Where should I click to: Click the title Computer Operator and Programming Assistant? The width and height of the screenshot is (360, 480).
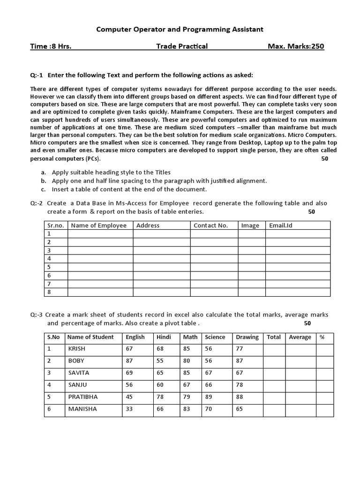tap(180, 29)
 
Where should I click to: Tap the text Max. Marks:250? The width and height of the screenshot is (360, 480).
tap(295, 46)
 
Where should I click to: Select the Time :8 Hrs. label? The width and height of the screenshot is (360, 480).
tap(51, 46)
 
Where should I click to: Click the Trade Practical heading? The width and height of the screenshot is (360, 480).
tap(182, 46)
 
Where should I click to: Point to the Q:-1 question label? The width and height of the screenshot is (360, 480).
tap(37, 75)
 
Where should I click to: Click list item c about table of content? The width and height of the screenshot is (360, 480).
tap(129, 189)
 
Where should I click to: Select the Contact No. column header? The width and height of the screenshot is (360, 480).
tap(210, 225)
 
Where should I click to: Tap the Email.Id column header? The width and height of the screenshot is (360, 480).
tap(281, 225)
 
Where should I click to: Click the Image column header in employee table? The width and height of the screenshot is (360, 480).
tap(250, 225)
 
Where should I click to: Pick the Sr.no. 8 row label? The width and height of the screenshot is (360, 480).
tap(49, 292)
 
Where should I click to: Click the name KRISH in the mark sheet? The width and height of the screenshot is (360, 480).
tap(77, 349)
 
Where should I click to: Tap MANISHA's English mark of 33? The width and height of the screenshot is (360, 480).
tap(129, 409)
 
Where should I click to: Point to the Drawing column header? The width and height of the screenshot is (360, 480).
tap(247, 337)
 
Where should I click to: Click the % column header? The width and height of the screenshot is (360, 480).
tap(322, 337)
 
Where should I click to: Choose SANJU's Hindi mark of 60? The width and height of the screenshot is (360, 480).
tap(160, 384)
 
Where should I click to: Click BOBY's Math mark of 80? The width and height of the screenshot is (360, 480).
tap(187, 361)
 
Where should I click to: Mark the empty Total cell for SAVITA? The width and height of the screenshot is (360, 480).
tap(274, 373)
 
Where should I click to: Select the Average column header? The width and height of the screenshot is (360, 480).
tap(300, 337)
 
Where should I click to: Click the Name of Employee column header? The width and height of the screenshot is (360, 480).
tap(98, 225)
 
